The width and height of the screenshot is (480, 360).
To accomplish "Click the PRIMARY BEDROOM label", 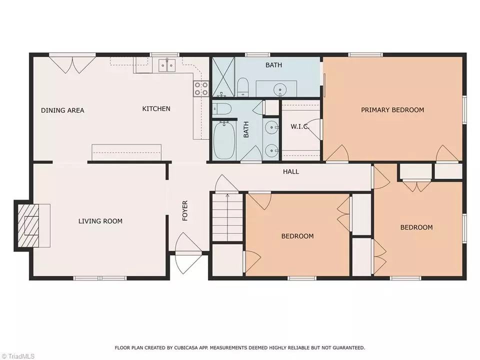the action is [x=392, y=109].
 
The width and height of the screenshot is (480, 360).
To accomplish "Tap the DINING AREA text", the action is [x=62, y=110].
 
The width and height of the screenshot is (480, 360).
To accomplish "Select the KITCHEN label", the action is [x=156, y=108].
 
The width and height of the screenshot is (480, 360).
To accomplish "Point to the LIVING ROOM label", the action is [x=100, y=221].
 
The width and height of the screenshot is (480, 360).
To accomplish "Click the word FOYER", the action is [x=185, y=210].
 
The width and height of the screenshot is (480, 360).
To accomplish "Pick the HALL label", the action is [x=291, y=171].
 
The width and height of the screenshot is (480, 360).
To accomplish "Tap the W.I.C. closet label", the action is [x=300, y=126].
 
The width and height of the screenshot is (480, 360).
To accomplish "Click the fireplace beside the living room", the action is [x=28, y=225].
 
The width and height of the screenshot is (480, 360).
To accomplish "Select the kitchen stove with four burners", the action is [x=201, y=88].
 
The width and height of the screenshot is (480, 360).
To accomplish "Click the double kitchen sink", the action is [x=167, y=65].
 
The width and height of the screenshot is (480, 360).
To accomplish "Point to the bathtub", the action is [x=224, y=140].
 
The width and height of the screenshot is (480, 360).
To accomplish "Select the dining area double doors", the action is [x=72, y=64].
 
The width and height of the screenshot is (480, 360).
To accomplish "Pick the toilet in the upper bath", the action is [x=243, y=87].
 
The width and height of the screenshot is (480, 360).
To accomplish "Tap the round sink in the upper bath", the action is [x=280, y=89].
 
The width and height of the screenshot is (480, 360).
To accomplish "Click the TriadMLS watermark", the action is [x=18, y=356].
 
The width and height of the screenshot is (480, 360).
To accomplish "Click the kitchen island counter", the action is [x=126, y=152].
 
